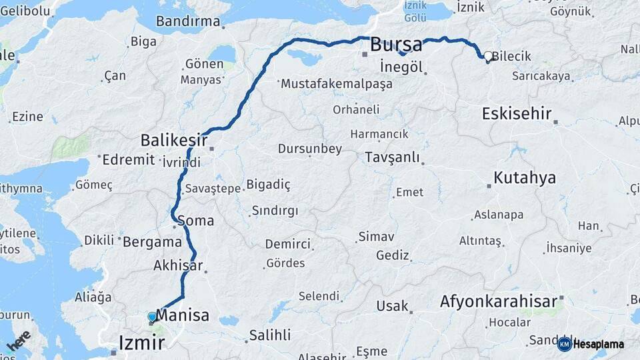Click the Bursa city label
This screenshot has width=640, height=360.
(x=396, y=45)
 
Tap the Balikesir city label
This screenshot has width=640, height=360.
(x=174, y=141)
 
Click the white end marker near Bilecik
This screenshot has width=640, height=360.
(x=488, y=57)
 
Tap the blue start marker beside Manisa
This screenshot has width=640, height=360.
(x=152, y=317)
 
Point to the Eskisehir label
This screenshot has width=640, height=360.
(x=517, y=113)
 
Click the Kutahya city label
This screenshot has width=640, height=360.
(x=525, y=178)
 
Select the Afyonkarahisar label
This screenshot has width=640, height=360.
(x=499, y=302)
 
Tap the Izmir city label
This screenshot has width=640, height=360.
(x=141, y=343)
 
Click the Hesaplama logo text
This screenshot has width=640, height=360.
(x=598, y=344)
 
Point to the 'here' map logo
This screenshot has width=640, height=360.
(x=18, y=341)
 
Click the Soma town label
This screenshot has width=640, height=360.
(x=195, y=220)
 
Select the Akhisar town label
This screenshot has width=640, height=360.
(x=178, y=265)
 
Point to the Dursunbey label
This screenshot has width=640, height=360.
(x=310, y=149)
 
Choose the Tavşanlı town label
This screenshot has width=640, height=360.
(x=393, y=158)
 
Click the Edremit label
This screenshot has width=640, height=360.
(x=129, y=159)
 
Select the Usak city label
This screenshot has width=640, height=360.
(x=392, y=306)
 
